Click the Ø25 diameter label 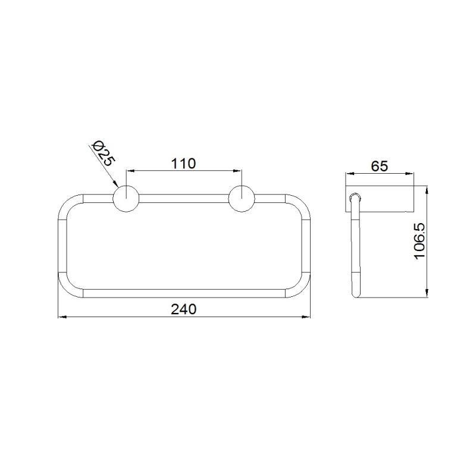(103, 154)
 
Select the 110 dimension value (184, 164)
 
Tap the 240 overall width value (184, 309)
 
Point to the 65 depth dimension (380, 166)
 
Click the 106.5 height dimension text (420, 242)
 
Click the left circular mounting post (126, 199)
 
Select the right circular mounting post (242, 199)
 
